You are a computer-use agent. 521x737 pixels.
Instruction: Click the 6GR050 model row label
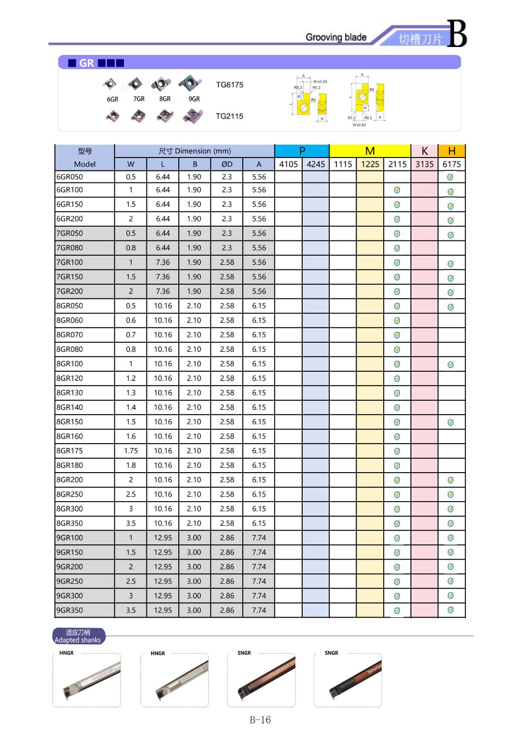(x=70, y=177)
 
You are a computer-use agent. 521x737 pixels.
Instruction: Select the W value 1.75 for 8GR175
(x=131, y=451)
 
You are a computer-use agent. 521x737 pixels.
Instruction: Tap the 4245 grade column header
(x=316, y=164)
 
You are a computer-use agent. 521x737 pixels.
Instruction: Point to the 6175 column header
(x=451, y=164)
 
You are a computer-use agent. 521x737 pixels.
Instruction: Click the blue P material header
(x=302, y=151)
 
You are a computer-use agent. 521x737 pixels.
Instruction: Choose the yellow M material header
(x=370, y=151)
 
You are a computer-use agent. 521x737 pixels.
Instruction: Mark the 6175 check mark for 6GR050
(x=451, y=177)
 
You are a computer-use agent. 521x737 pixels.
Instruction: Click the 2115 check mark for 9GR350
(x=397, y=611)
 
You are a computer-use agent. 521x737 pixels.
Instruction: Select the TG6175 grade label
(x=229, y=85)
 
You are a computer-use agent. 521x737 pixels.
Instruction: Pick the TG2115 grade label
(x=229, y=117)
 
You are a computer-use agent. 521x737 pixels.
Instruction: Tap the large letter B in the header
(x=457, y=34)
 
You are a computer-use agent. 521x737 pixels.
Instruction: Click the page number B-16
(x=260, y=720)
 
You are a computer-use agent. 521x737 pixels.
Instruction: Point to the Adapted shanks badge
(x=78, y=636)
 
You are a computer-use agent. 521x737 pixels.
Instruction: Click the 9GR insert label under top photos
(x=194, y=99)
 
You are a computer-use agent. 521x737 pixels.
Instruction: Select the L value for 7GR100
(x=163, y=263)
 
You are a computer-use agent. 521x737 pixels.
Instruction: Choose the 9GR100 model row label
(x=70, y=538)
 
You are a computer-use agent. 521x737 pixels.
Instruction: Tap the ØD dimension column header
(x=227, y=164)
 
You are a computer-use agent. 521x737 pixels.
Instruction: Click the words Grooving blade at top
(x=336, y=37)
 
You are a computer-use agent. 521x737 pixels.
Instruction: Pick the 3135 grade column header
(x=424, y=164)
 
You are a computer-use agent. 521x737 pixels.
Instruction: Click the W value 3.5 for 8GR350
(x=131, y=523)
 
